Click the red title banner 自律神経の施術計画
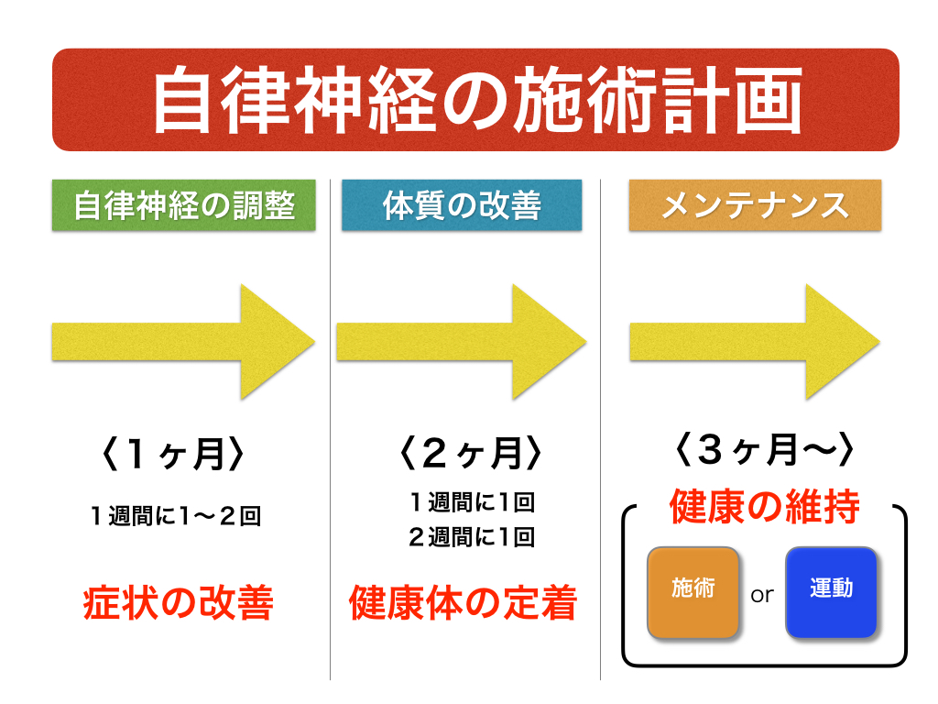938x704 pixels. pyautogui.click(x=475, y=100)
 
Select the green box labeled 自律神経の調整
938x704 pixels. pyautogui.click(x=183, y=204)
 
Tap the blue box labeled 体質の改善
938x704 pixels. pyautogui.click(x=462, y=204)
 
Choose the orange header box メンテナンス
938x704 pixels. pyautogui.click(x=755, y=204)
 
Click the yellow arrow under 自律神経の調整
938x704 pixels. pyautogui.click(x=183, y=342)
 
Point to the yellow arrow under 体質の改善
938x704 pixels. pyautogui.click(x=462, y=342)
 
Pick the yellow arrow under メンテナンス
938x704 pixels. pyautogui.click(x=755, y=342)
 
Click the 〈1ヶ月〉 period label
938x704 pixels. pyautogui.click(x=173, y=454)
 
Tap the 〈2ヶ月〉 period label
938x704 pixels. pyautogui.click(x=470, y=453)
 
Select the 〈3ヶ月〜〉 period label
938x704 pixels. pyautogui.click(x=764, y=449)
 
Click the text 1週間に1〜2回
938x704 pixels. pyautogui.click(x=176, y=516)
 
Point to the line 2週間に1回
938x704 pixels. pyautogui.click(x=472, y=537)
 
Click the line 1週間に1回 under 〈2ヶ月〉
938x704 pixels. pyautogui.click(x=472, y=502)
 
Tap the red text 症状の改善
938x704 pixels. pyautogui.click(x=179, y=602)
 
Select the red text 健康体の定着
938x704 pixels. pyautogui.click(x=463, y=602)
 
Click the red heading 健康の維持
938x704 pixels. pyautogui.click(x=765, y=506)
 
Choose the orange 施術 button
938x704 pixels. pyautogui.click(x=693, y=593)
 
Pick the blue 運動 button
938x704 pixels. pyautogui.click(x=832, y=593)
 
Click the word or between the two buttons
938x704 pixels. pyautogui.click(x=762, y=595)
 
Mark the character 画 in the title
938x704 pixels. pyautogui.click(x=769, y=100)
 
